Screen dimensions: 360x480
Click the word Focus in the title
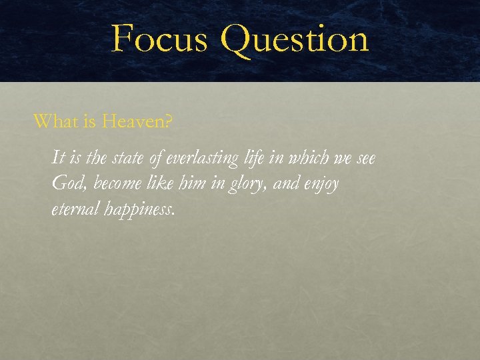(x=158, y=38)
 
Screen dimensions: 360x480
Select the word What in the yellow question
(x=53, y=121)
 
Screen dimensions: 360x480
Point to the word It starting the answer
(x=58, y=159)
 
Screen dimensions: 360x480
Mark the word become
(x=109, y=184)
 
